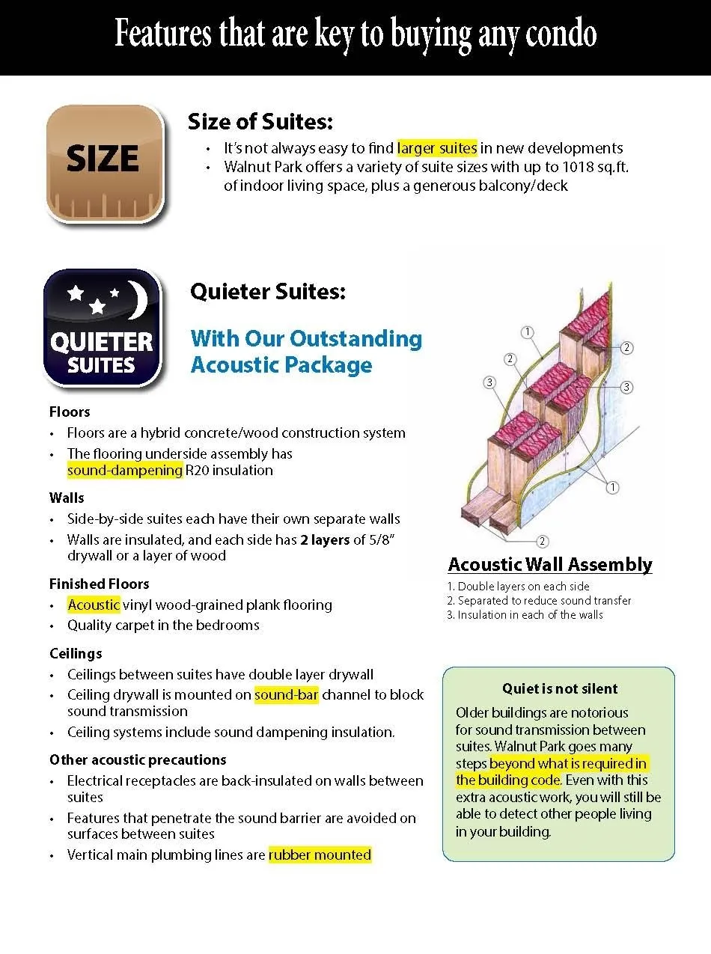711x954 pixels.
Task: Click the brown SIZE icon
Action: point(104,162)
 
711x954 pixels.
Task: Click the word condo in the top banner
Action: point(556,34)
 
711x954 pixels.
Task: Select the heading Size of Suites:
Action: point(260,121)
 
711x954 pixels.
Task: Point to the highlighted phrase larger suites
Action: point(436,148)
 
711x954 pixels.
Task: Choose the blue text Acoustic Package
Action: point(281,365)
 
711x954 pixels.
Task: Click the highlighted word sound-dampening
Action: point(124,471)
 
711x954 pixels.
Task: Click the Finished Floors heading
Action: point(100,584)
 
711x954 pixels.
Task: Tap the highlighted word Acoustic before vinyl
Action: point(94,605)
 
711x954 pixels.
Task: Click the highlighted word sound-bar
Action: point(287,695)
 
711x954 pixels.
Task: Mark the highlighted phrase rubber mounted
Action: point(320,854)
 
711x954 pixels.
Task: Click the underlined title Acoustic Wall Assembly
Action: point(550,565)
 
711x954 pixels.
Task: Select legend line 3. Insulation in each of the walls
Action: point(525,615)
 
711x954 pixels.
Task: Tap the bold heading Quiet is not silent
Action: point(560,689)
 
